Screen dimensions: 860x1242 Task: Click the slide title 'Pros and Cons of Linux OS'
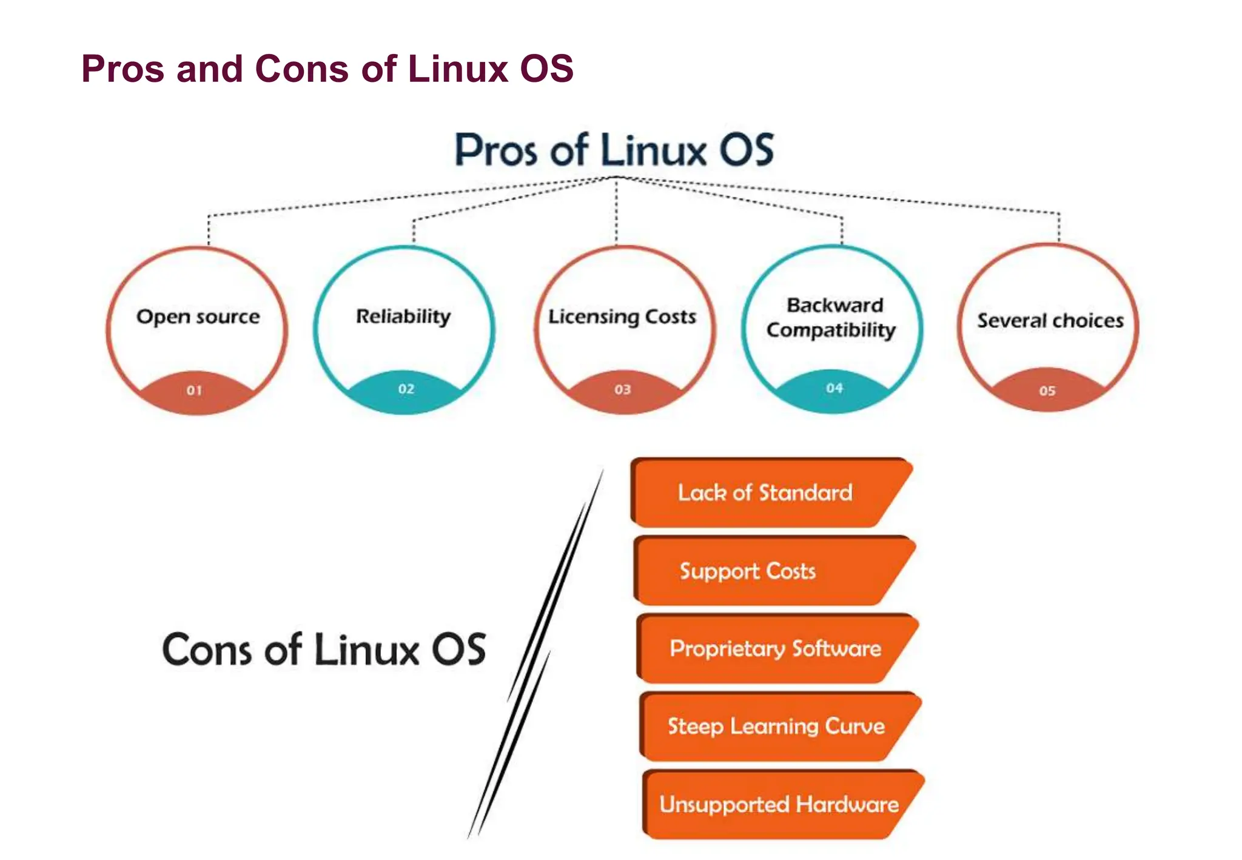(x=327, y=69)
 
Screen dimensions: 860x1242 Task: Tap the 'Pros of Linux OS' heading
(x=614, y=150)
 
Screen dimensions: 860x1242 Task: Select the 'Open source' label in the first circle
(x=198, y=317)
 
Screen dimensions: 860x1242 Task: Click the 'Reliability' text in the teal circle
(x=403, y=316)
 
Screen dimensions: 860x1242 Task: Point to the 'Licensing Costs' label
(x=622, y=317)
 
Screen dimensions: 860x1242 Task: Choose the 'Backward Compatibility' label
(x=831, y=317)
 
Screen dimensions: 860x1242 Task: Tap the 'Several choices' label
(x=1050, y=320)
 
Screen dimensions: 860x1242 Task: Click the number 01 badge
(x=195, y=391)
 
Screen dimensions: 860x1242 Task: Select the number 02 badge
(x=406, y=389)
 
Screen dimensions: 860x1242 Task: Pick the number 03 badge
(x=623, y=390)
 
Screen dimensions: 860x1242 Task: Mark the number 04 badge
(x=834, y=388)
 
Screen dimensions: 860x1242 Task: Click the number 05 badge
(x=1047, y=391)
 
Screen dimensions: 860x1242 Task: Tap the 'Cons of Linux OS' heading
(x=324, y=650)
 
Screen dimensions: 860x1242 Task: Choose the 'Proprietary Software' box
(x=775, y=648)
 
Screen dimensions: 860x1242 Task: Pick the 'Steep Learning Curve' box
(x=776, y=726)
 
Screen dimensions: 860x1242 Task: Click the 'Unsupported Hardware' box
(x=779, y=804)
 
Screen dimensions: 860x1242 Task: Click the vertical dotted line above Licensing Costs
(x=616, y=212)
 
